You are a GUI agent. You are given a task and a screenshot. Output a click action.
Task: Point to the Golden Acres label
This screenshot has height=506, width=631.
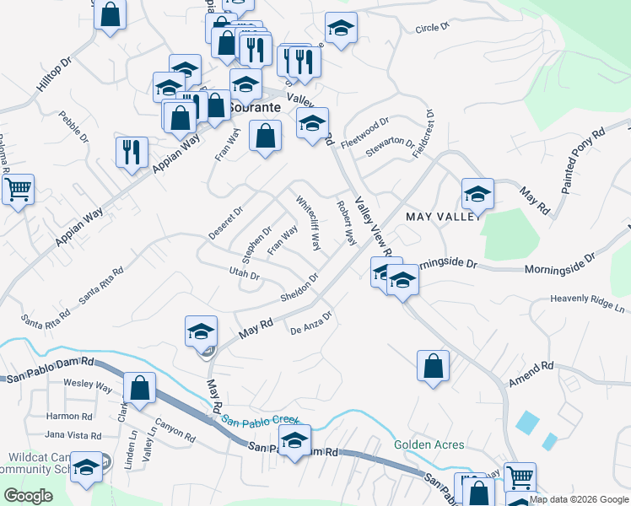pos(427,444)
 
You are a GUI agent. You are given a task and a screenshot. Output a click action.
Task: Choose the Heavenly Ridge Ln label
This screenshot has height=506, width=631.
pos(587,299)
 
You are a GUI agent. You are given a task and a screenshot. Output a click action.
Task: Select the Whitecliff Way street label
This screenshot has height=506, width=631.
pos(308,223)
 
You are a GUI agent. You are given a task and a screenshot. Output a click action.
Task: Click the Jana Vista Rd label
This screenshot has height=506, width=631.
pos(73,435)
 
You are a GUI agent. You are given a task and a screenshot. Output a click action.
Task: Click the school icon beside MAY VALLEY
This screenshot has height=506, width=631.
pos(477,195)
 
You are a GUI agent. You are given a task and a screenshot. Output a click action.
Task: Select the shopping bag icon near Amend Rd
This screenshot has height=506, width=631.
pos(433,366)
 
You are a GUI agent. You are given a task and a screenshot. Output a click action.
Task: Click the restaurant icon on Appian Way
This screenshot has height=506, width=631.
pos(132,152)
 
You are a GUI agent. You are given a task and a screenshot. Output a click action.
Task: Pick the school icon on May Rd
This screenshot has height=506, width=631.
pos(202,331)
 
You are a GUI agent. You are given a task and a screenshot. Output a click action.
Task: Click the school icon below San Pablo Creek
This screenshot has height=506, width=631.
pos(294,440)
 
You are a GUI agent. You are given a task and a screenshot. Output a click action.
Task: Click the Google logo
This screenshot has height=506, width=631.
pos(28,496)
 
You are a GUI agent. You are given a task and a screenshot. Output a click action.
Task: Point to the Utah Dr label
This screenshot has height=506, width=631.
pos(243,272)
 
